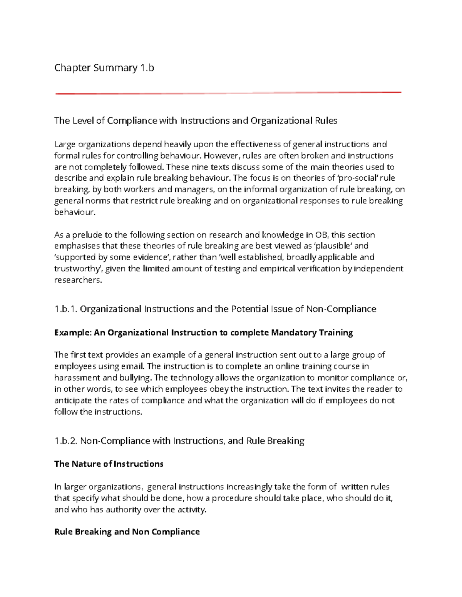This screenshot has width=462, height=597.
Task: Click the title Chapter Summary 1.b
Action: pos(104,68)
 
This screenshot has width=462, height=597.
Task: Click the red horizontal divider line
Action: pos(228,93)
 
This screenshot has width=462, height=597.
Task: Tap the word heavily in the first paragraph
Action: pos(178,145)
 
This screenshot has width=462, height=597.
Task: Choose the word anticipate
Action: pos(73,400)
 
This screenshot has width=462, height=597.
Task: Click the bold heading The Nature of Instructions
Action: pos(109,464)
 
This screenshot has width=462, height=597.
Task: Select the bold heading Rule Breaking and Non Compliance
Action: pos(127,532)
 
